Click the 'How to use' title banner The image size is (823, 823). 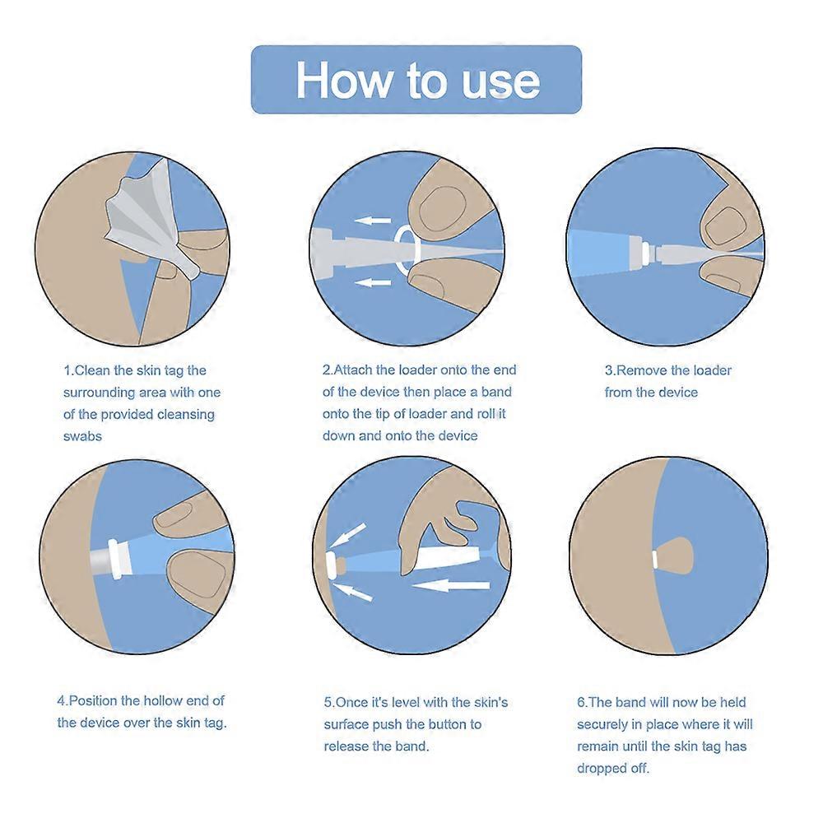416,80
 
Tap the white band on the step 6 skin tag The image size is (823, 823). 654,560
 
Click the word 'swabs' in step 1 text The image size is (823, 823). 82,436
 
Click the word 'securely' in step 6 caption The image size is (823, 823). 603,725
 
